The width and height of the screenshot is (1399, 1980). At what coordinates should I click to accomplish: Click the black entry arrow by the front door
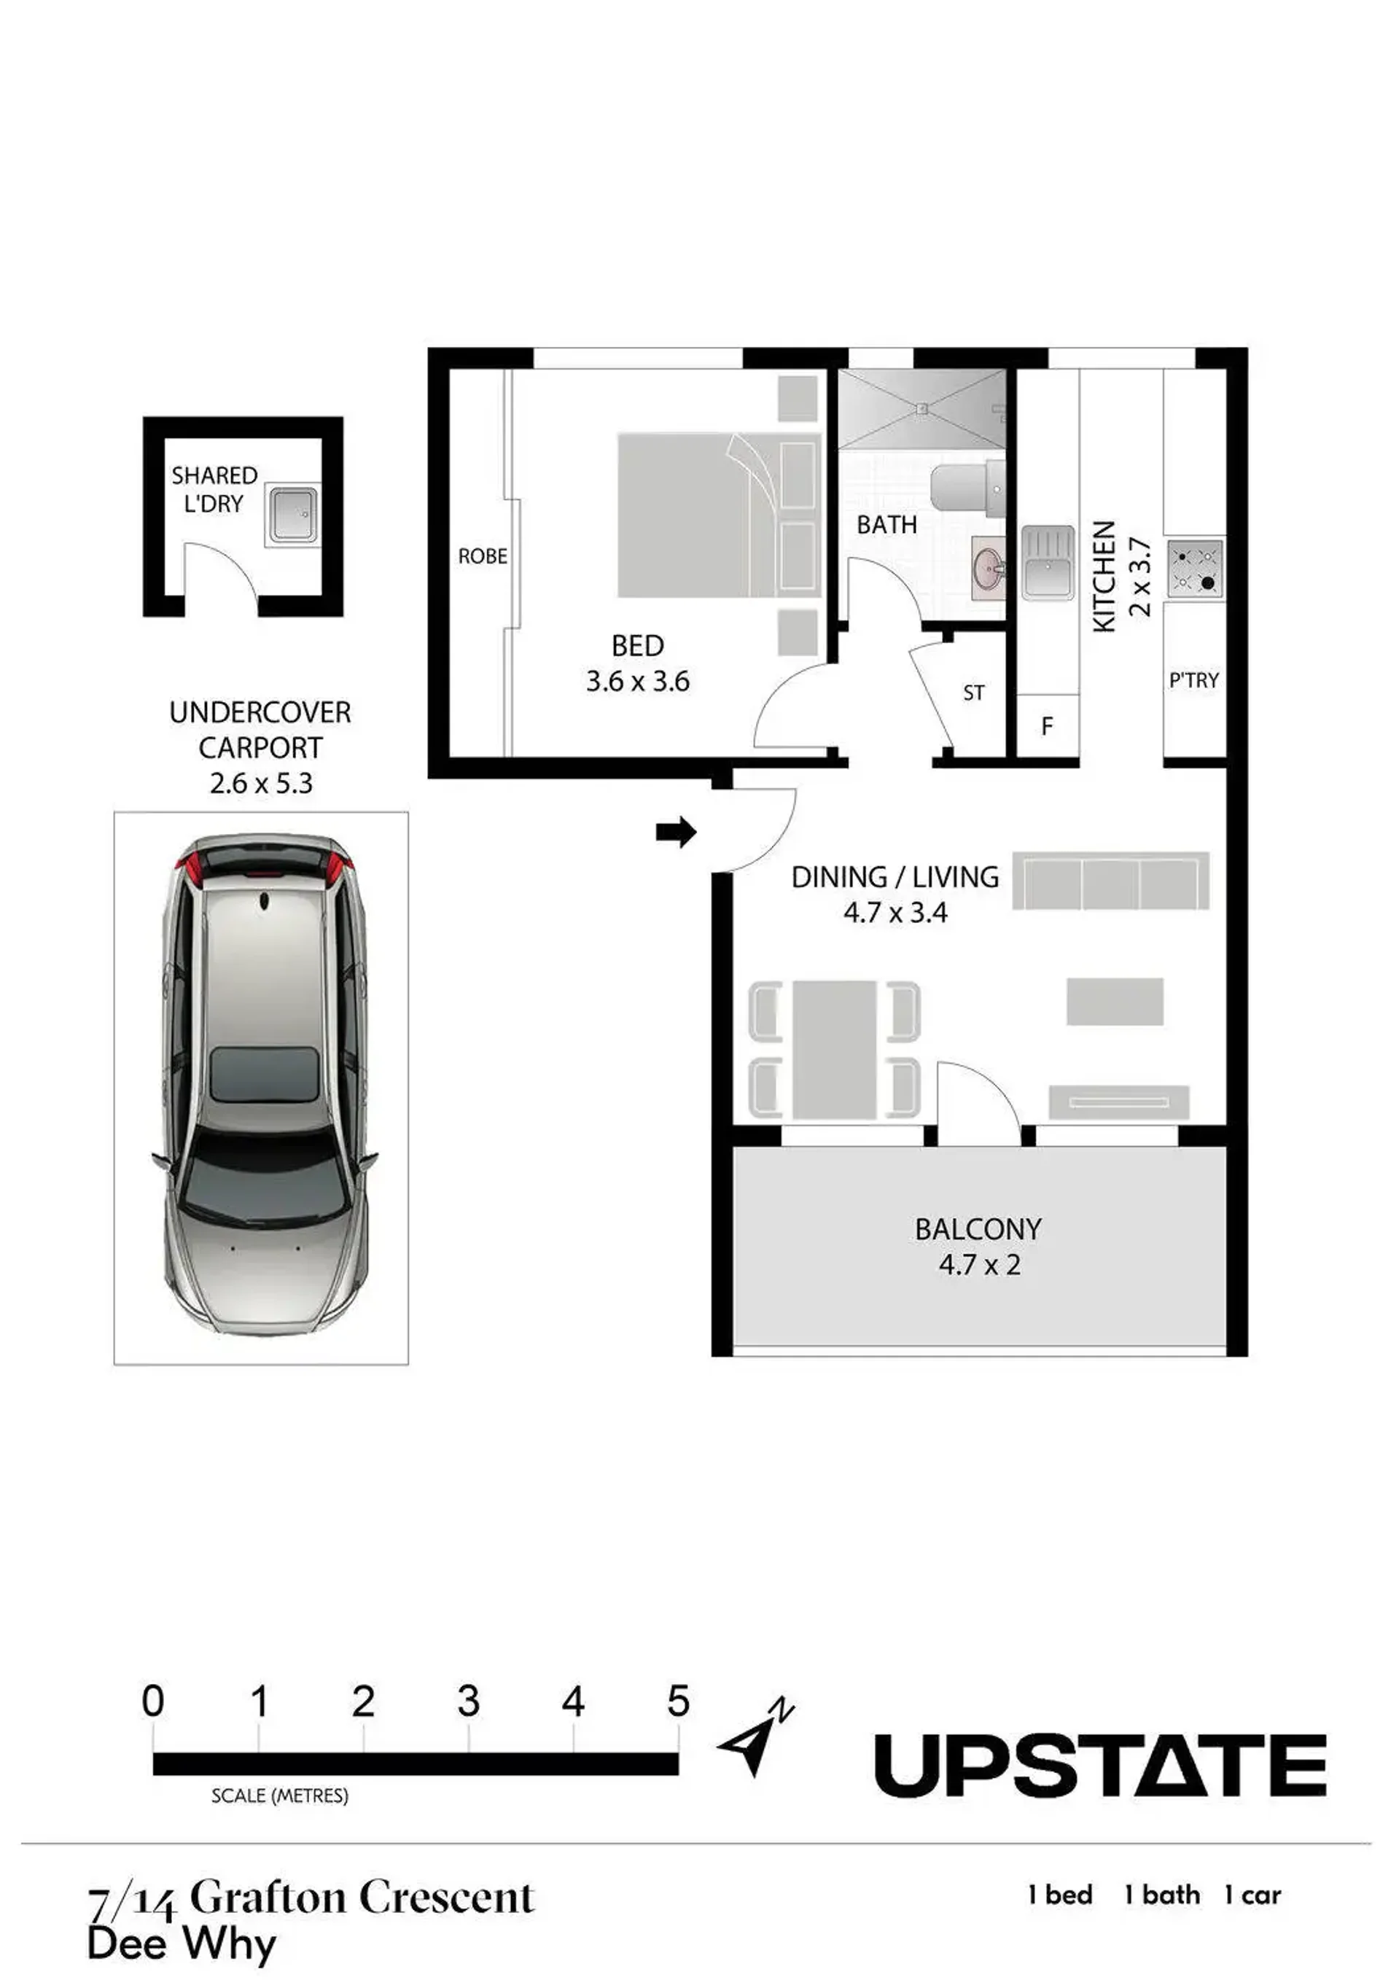click(675, 833)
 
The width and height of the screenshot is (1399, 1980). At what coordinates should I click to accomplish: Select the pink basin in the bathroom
click(989, 567)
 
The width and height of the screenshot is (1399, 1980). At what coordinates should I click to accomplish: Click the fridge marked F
click(1047, 726)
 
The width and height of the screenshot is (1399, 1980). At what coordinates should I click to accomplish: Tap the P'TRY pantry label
click(1193, 680)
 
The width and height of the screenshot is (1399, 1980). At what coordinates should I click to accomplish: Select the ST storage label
click(974, 693)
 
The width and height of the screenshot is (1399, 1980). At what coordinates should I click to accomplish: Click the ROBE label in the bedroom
click(482, 557)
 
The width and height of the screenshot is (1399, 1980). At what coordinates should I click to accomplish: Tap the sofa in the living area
click(1111, 881)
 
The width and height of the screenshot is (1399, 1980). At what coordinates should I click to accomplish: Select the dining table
click(835, 1050)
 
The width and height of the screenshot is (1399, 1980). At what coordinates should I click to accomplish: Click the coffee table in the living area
click(1115, 1001)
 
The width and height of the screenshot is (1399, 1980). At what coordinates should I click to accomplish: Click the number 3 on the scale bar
click(468, 1702)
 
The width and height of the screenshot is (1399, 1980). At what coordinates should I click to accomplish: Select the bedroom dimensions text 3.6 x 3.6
click(637, 682)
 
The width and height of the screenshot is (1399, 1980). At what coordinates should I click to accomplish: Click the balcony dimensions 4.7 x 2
click(979, 1265)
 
